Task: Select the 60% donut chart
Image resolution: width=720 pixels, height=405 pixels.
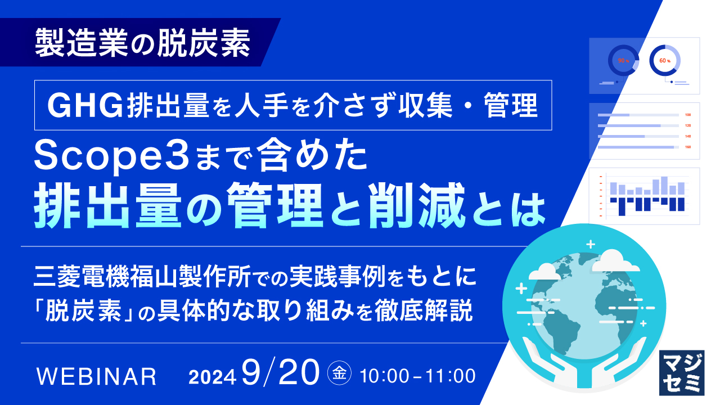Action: tap(665, 60)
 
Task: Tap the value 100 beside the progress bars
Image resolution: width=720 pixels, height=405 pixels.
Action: tap(688, 115)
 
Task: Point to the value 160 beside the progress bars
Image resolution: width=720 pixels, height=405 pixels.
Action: tap(688, 147)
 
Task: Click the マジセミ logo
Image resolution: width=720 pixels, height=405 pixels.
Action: tap(681, 371)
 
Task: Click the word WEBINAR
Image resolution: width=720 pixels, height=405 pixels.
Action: tap(96, 376)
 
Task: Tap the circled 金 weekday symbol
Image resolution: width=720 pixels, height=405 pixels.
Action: tap(339, 373)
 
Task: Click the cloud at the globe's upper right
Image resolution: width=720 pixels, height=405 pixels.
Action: tap(615, 260)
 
